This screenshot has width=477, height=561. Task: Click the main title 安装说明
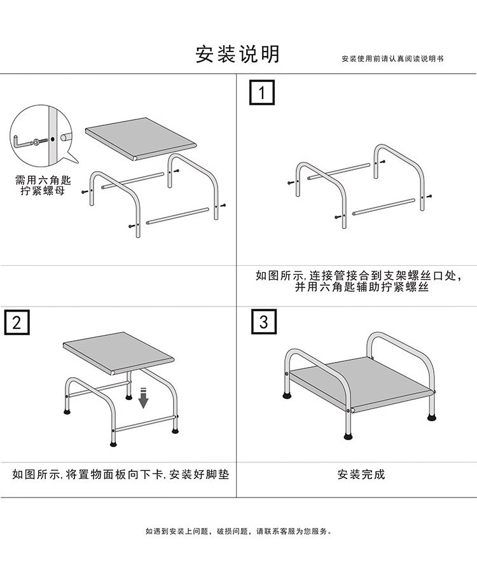point(237,54)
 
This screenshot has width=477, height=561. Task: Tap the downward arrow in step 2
point(143,398)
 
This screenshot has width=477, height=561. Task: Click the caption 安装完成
point(361,474)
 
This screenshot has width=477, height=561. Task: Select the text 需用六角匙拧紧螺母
point(39,185)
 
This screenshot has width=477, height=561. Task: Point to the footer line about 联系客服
point(238,531)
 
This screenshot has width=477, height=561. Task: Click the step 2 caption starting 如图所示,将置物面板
point(120,474)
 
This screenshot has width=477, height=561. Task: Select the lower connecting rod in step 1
point(384,205)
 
